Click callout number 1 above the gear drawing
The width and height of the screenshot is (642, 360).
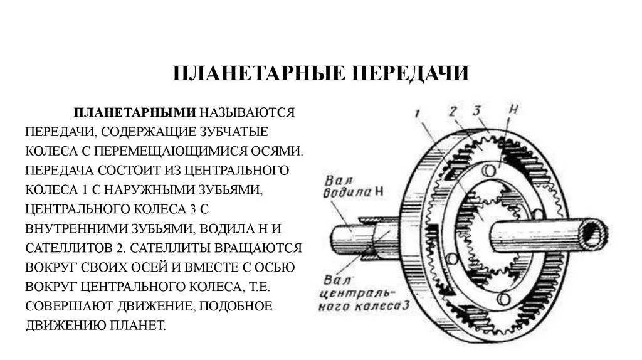coord(417,114)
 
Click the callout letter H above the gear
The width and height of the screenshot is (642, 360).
coord(513,108)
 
